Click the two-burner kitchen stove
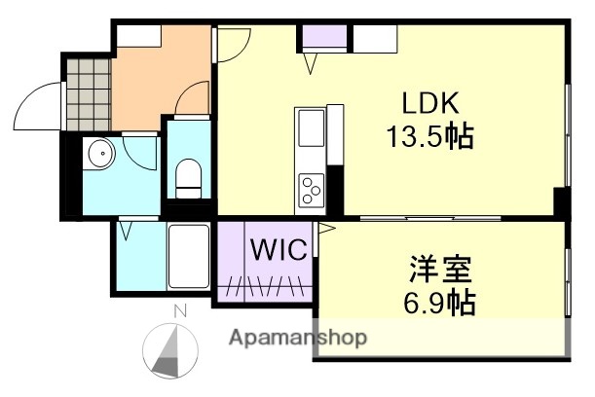tap(312, 186)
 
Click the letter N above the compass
tap(179, 311)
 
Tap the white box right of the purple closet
tap(374, 40)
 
